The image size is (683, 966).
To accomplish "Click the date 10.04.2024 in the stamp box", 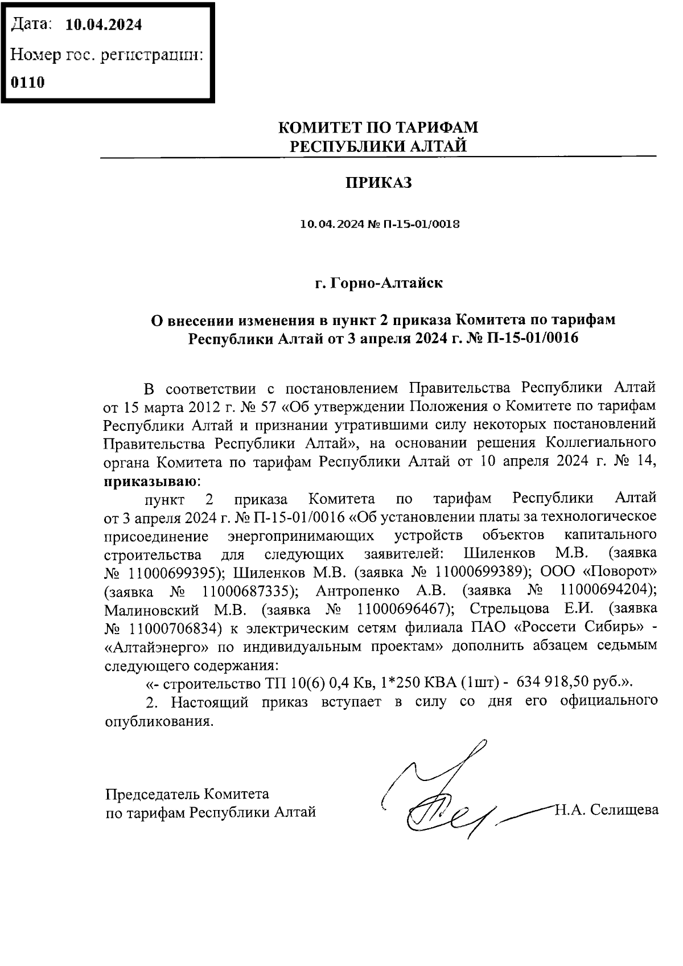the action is pyautogui.click(x=104, y=25).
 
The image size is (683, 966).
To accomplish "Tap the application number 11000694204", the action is pyautogui.click(x=608, y=590).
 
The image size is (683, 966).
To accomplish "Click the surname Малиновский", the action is pyautogui.click(x=151, y=610).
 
